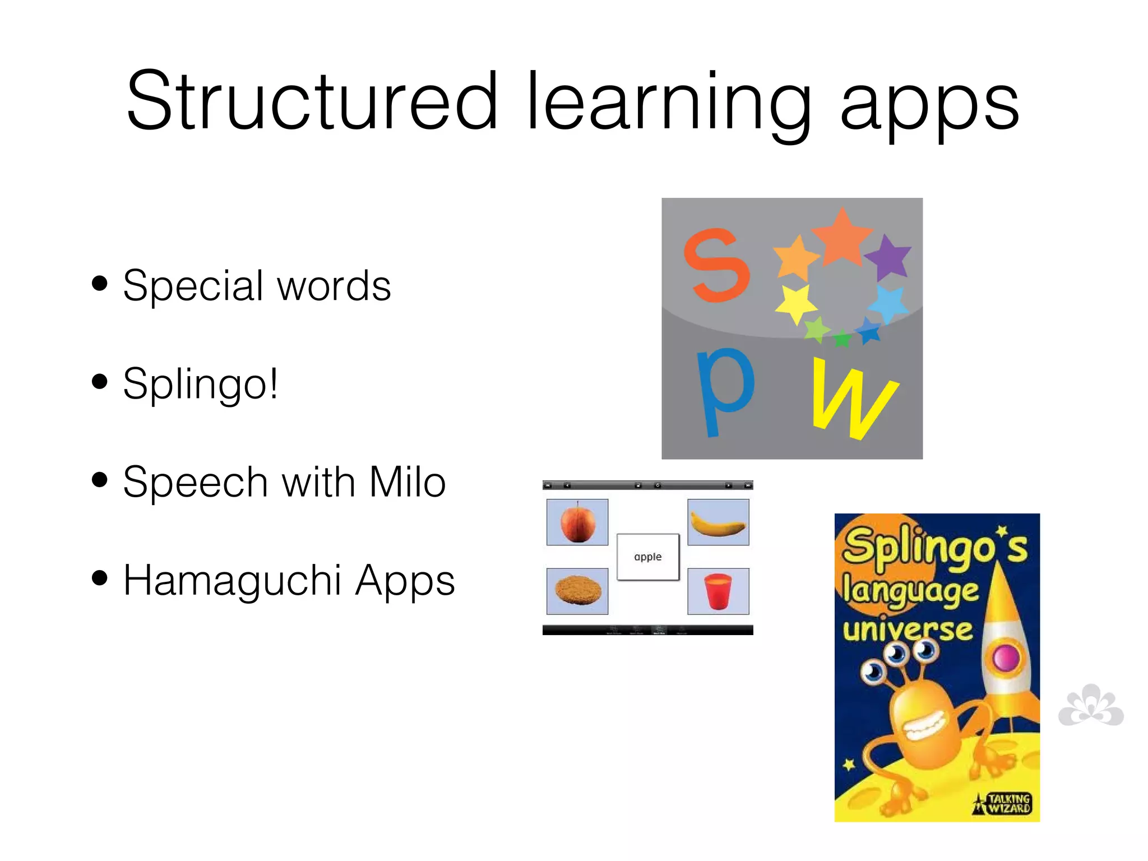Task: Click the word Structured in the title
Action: click(x=312, y=101)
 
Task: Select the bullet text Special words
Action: click(x=256, y=285)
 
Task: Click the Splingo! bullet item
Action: click(x=200, y=384)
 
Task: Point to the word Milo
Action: click(x=407, y=482)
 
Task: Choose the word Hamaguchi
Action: click(x=232, y=581)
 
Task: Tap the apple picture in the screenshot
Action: click(x=577, y=522)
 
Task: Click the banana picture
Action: click(x=718, y=522)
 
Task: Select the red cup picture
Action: click(x=718, y=591)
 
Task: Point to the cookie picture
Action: click(x=577, y=591)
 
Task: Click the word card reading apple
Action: click(x=647, y=557)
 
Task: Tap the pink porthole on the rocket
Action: click(x=1006, y=657)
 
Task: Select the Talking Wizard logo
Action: click(x=1003, y=803)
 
